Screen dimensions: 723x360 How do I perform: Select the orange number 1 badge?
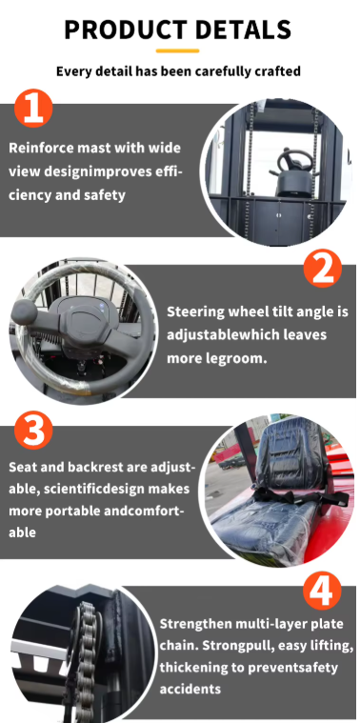tap(34, 110)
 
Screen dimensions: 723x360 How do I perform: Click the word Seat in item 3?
tap(24, 468)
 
